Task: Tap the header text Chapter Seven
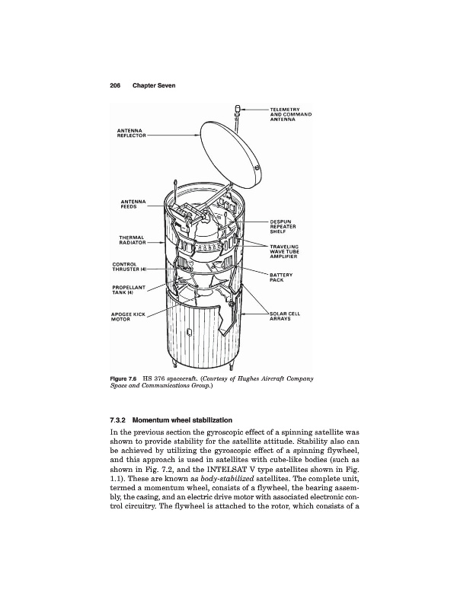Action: [x=154, y=84]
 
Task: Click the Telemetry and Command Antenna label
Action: [x=293, y=115]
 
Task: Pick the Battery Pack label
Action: [x=282, y=277]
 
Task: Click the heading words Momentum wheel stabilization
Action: [x=188, y=420]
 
